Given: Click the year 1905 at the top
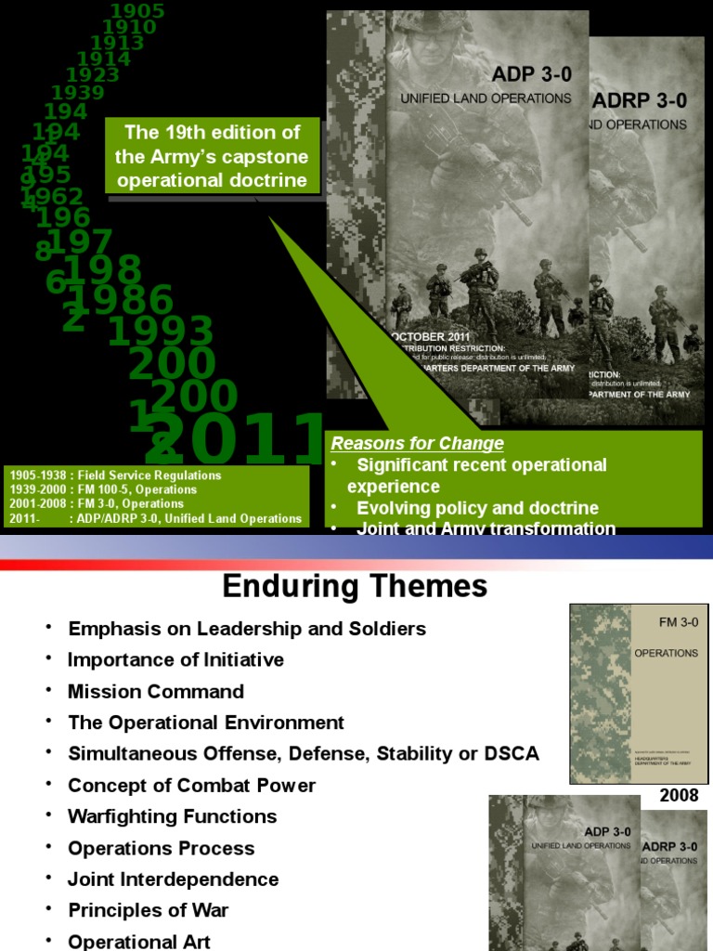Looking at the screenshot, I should point(137,11).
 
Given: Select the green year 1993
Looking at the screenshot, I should point(162,332).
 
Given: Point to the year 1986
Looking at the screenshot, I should point(120,301).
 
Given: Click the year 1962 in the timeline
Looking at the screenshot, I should point(55,197).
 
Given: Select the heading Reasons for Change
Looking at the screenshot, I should point(418,443).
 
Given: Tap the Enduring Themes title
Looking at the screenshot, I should point(354,586).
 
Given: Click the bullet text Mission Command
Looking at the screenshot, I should point(156,692).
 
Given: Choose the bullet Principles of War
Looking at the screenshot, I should point(149,911).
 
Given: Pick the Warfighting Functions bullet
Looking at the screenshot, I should point(173,817).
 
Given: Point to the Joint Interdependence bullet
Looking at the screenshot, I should point(174,879).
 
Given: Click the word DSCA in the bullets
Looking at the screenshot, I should point(509,754).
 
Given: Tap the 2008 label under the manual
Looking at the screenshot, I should point(679,796).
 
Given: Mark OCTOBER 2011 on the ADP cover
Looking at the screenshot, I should point(430,337).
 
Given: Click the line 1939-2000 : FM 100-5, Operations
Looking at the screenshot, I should point(103,489).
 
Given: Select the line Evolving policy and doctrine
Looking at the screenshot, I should point(477,508).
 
